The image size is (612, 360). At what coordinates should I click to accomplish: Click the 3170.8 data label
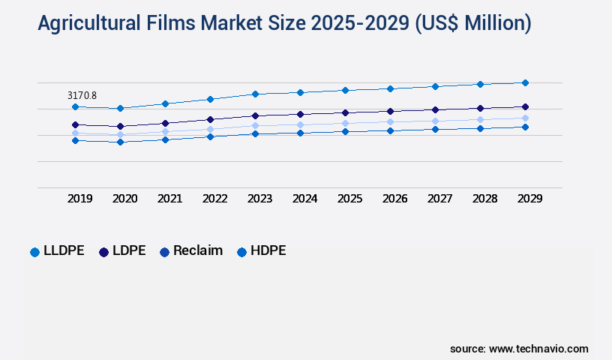click(82, 95)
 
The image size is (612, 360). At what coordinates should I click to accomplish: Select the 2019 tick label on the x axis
click(80, 199)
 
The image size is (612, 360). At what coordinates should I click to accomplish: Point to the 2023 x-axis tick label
click(259, 199)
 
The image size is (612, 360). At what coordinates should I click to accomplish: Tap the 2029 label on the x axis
click(529, 199)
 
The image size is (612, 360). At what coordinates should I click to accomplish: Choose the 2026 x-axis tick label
click(394, 199)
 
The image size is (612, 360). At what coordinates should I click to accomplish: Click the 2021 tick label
click(169, 199)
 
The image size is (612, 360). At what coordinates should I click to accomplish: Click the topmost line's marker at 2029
click(525, 82)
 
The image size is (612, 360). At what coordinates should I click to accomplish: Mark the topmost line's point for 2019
click(75, 106)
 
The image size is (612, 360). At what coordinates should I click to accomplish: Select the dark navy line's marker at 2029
click(525, 106)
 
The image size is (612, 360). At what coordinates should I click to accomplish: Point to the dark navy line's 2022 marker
click(210, 119)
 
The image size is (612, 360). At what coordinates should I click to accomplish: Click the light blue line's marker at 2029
click(525, 118)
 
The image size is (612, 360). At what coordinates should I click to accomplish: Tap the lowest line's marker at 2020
click(120, 142)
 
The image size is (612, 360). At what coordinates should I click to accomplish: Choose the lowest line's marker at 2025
click(345, 131)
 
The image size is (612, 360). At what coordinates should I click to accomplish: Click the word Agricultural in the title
click(88, 24)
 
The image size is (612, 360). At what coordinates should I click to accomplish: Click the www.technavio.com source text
click(538, 349)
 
